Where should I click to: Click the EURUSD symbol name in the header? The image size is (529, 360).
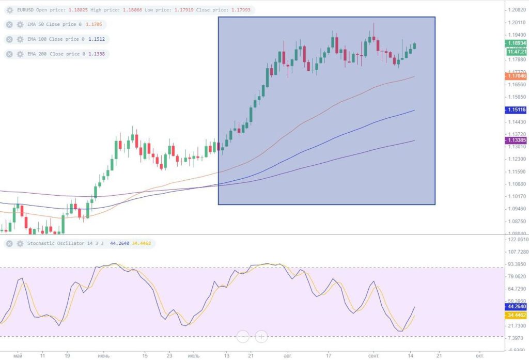26,10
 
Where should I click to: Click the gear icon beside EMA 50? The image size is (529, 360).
20,24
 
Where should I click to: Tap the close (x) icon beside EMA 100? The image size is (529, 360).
9,39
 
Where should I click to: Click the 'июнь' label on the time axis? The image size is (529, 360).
104,355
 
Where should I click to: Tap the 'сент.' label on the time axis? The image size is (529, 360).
374,355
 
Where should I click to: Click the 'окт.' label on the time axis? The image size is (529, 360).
479,355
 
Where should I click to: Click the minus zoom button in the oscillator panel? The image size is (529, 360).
243,337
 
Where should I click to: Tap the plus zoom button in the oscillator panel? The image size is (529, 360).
261,337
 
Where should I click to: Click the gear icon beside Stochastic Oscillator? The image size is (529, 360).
20,243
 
